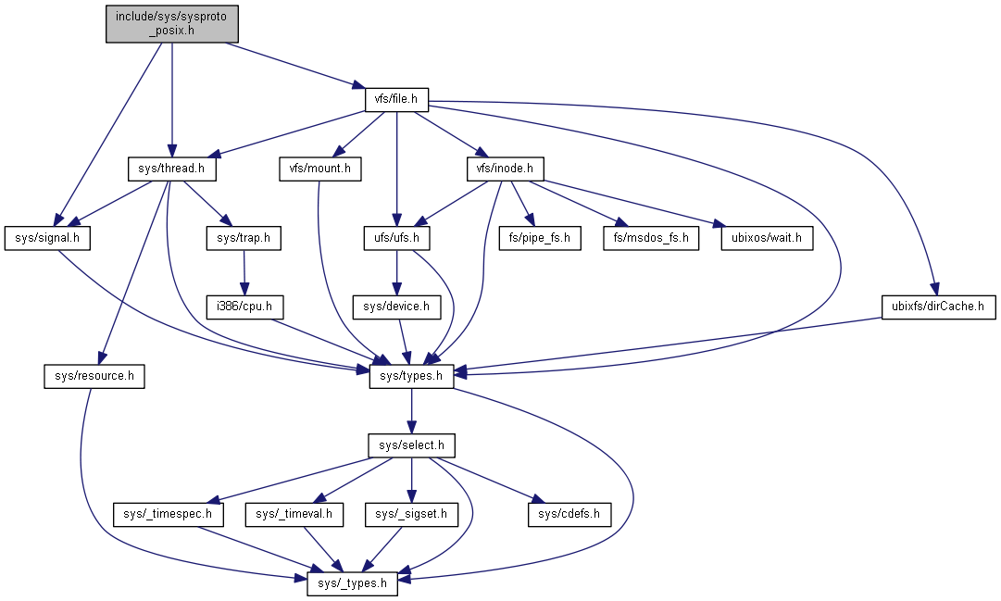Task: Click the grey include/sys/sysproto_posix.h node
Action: click(171, 23)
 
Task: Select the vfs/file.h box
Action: click(396, 97)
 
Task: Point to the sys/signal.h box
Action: click(48, 238)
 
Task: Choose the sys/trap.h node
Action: click(243, 238)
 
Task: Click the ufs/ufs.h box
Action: click(396, 238)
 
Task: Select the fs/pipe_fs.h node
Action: click(552, 238)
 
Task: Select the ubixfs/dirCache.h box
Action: click(938, 306)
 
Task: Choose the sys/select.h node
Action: click(411, 445)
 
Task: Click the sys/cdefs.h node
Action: click(569, 513)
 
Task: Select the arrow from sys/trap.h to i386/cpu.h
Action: click(244, 272)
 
